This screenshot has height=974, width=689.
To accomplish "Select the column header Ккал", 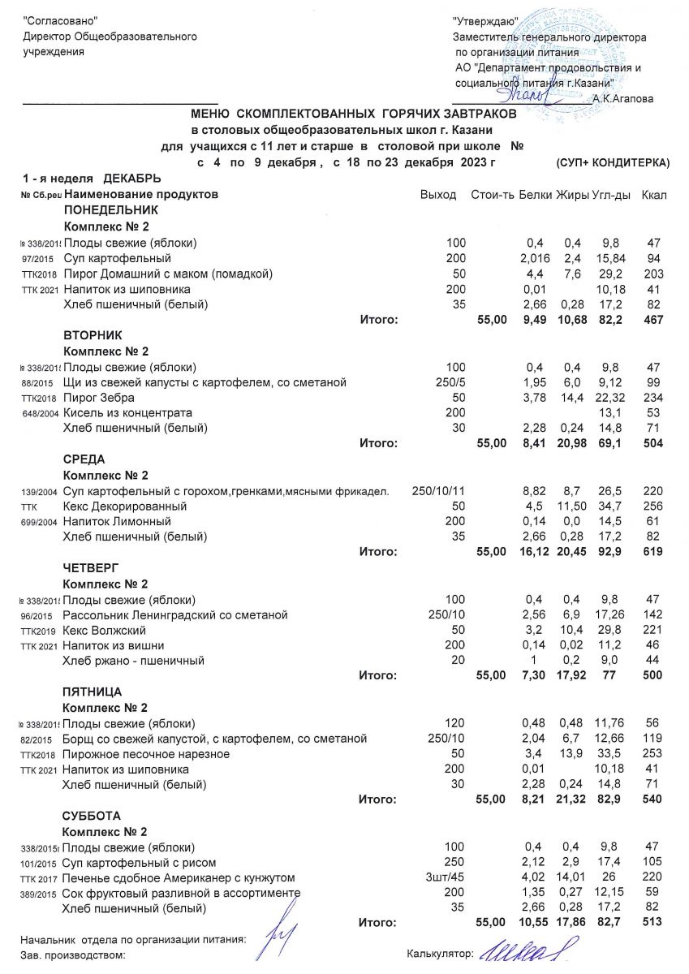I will [x=653, y=196].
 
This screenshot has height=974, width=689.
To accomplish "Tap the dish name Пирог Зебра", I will [x=99, y=398].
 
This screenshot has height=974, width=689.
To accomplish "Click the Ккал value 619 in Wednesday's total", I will [x=652, y=553].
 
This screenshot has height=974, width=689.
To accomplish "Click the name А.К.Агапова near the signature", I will [x=623, y=98].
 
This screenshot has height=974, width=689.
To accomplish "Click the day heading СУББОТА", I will [x=91, y=816].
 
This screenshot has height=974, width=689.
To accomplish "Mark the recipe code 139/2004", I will [x=39, y=492].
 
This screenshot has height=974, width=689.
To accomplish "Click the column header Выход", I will [x=438, y=196].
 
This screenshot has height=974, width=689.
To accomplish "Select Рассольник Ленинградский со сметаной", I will [x=174, y=615].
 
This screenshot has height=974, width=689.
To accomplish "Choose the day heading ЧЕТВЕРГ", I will [x=92, y=568].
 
